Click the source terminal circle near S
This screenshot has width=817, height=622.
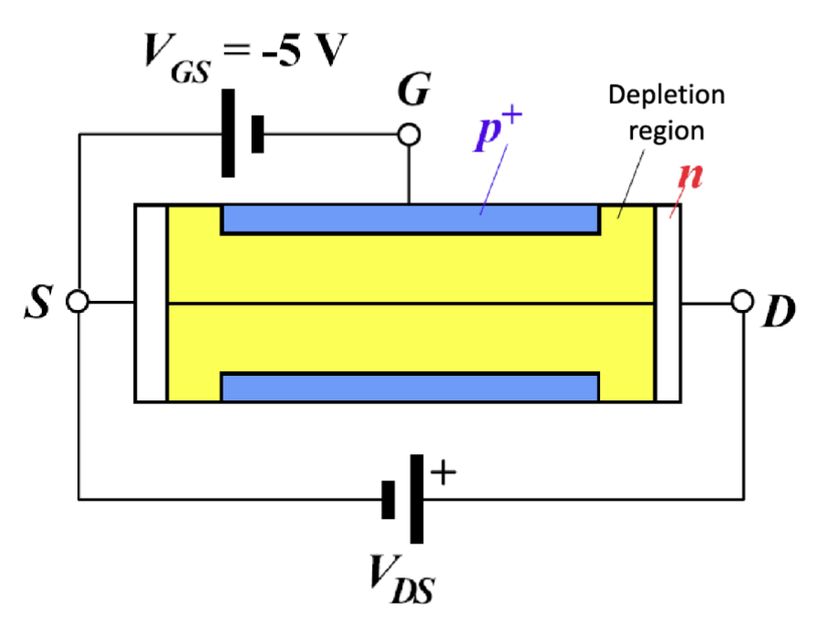pyautogui.click(x=79, y=302)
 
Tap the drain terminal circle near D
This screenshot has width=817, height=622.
pyautogui.click(x=744, y=302)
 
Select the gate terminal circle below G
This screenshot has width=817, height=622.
pyautogui.click(x=409, y=135)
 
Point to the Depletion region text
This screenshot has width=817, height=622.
pyautogui.click(x=667, y=111)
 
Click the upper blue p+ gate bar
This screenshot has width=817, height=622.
pyautogui.click(x=410, y=220)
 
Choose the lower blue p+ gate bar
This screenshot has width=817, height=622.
pyautogui.click(x=410, y=387)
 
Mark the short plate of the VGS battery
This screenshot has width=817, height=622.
pyautogui.click(x=258, y=135)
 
